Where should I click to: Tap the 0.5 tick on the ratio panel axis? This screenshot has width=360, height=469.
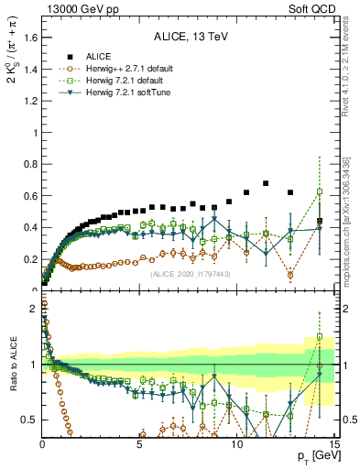28,420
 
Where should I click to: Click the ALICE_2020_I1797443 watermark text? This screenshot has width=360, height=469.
189,274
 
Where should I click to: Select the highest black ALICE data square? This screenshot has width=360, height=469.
266,183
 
